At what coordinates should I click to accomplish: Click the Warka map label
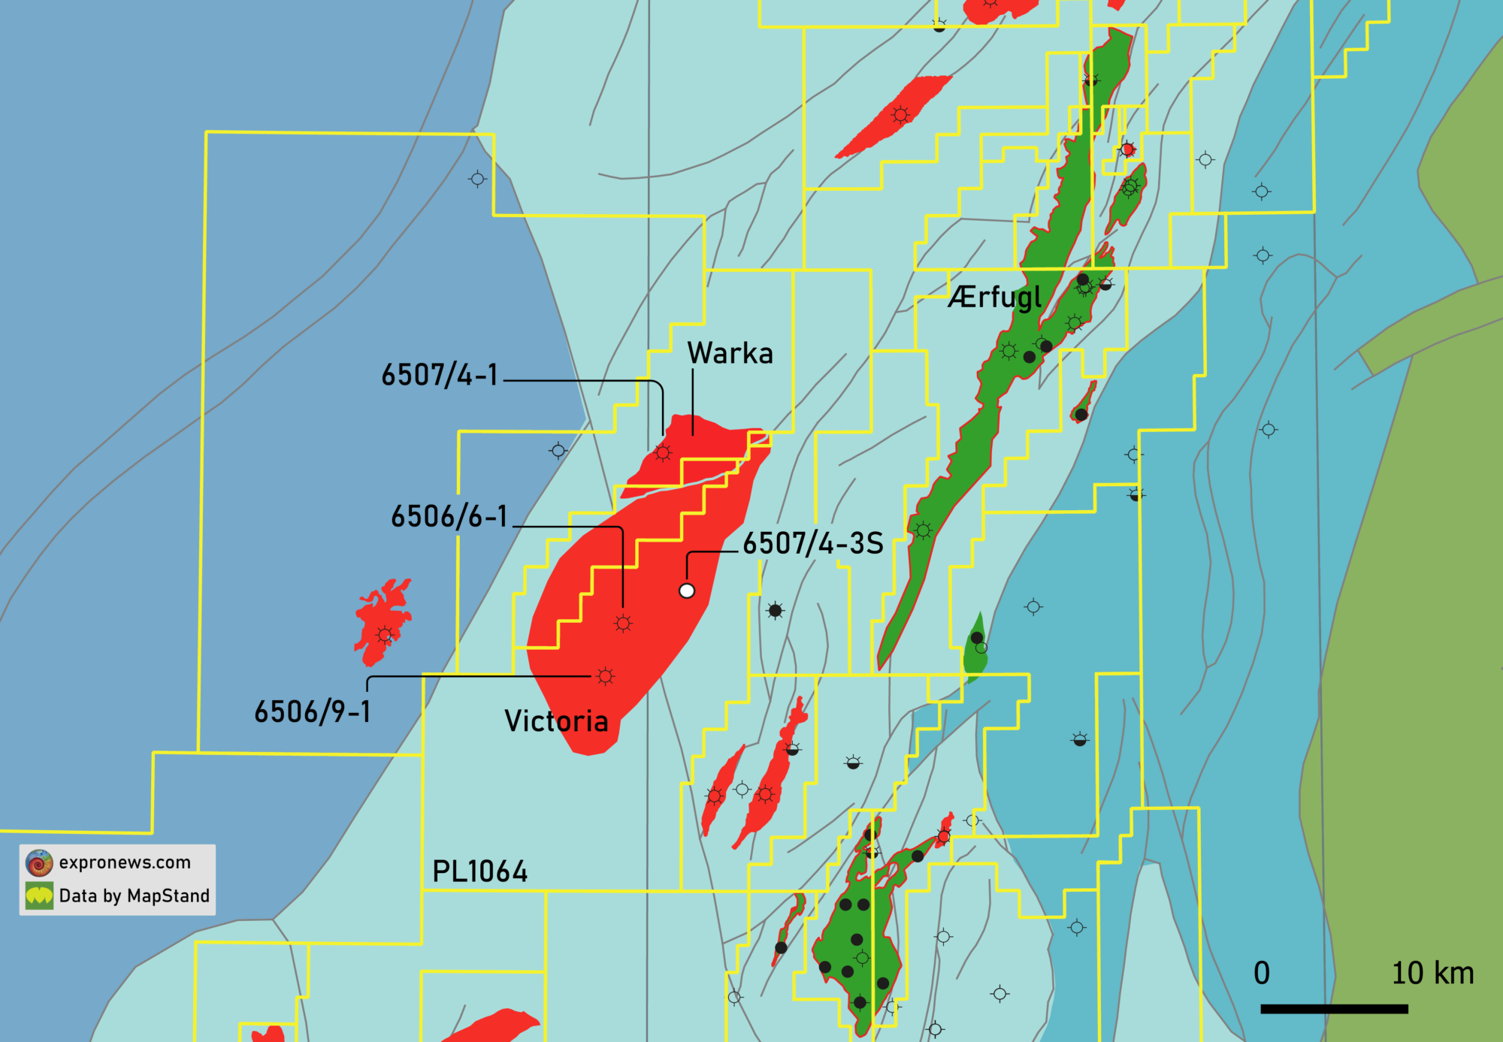tap(730, 353)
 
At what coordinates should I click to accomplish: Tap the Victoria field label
tap(556, 721)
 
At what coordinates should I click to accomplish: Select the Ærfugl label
tap(994, 297)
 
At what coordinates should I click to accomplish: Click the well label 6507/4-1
tap(440, 375)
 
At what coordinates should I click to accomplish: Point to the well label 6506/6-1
tap(449, 517)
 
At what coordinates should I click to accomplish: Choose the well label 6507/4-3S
tap(812, 544)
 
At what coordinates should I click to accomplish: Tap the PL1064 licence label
tap(479, 872)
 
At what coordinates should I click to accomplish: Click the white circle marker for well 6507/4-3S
tap(687, 590)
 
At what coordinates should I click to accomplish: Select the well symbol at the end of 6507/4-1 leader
tap(662, 452)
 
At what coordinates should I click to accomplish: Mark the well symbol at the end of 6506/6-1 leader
tap(623, 623)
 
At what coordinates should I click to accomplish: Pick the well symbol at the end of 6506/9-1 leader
tap(605, 676)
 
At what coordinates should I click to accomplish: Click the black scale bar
tap(1334, 1008)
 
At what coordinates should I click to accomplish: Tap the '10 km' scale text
tap(1432, 974)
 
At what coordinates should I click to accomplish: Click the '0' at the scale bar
tap(1262, 974)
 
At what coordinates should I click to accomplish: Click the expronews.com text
tap(125, 862)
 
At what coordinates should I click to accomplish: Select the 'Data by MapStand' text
tap(134, 896)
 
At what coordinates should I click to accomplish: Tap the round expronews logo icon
tap(39, 863)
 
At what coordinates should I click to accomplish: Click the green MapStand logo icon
tap(39, 896)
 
